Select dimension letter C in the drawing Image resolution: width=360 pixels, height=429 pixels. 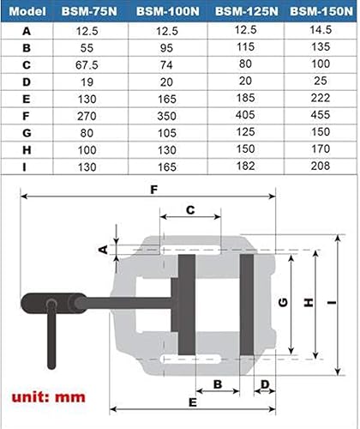tap(190, 208)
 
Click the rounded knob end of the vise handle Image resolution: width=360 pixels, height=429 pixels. tap(34, 305)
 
